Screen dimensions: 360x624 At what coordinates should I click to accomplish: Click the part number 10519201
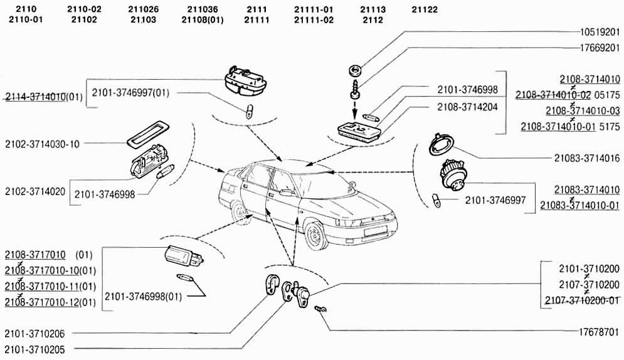600,32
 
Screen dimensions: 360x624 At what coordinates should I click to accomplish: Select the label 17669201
600,47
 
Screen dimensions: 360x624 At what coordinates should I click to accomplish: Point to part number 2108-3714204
468,107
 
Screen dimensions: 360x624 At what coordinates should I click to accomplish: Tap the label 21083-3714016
586,158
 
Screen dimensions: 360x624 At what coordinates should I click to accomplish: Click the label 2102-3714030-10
43,144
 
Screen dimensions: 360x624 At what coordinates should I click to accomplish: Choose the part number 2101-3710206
34,334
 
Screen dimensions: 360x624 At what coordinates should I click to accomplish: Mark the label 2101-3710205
34,349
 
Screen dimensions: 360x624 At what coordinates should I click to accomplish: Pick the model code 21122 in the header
425,10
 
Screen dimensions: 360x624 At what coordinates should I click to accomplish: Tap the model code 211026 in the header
143,10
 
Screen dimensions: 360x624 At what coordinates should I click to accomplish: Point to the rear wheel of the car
240,211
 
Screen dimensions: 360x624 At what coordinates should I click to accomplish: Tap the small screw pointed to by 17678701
322,309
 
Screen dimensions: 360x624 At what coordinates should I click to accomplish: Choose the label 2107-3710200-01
581,300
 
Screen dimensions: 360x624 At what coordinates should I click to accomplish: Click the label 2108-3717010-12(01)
51,303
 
